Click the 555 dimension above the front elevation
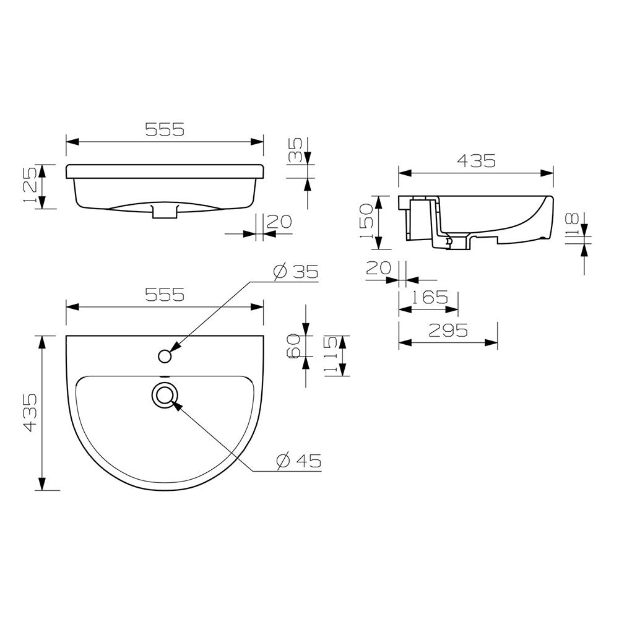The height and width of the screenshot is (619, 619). click(165, 129)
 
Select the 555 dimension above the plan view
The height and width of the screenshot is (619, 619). click(165, 295)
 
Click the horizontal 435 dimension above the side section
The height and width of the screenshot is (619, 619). click(476, 161)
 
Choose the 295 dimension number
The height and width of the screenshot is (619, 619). click(448, 331)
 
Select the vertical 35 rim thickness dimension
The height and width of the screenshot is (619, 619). click(297, 150)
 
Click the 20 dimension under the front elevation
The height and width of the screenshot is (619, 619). click(278, 221)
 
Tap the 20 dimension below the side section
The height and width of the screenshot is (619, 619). click(379, 267)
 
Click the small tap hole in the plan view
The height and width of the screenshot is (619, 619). click(165, 356)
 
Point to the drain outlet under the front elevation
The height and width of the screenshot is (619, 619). click(165, 212)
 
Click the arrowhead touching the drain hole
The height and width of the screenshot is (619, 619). click(175, 405)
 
